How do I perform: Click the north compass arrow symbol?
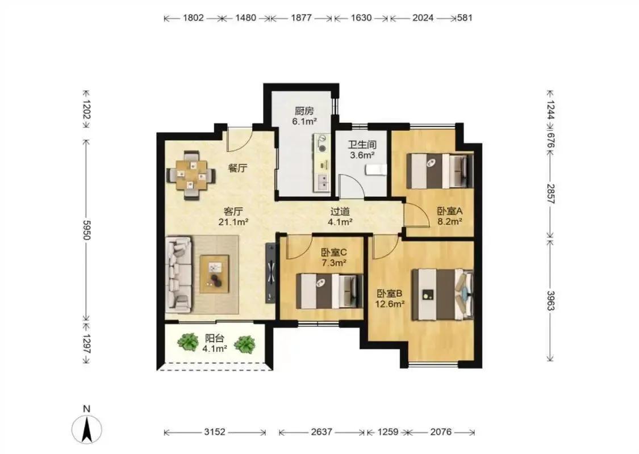86,430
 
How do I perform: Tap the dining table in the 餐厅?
191,175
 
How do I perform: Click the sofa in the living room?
179,275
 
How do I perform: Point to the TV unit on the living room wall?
270,273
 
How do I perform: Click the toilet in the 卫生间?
376,169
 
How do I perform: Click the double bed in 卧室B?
442,294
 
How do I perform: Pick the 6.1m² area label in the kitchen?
304,121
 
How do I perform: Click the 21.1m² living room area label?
234,222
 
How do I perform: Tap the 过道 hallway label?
340,211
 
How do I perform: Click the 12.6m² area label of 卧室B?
390,304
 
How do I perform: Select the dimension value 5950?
86,230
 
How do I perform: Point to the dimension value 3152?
215,432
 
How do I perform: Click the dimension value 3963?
550,301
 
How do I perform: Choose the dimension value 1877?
301,18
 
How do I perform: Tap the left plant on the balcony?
187,342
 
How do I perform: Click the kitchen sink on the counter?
322,182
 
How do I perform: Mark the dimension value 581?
465,18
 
